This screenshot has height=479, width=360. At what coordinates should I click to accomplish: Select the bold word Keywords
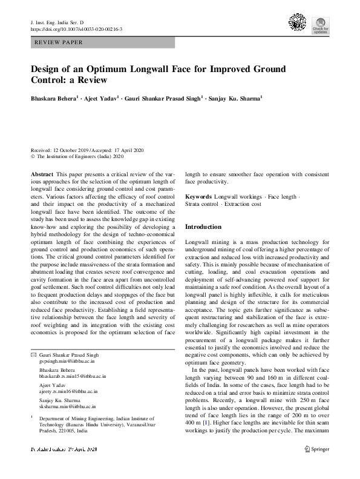click(198, 197)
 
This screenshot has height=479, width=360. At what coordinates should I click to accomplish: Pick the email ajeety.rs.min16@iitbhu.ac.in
click(68, 392)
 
